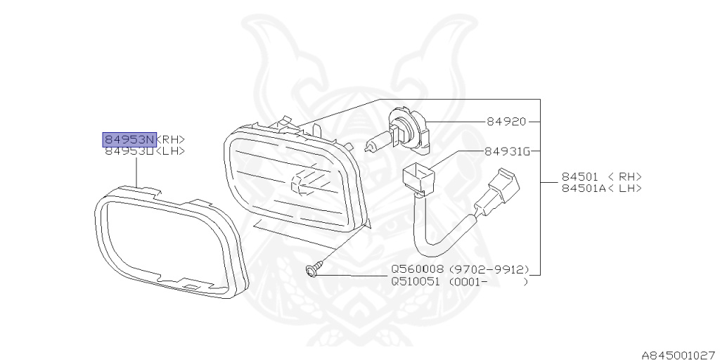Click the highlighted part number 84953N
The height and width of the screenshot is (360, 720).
pos(129,138)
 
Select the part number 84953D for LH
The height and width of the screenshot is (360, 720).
pos(129,150)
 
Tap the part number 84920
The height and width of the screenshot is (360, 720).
pos(506,121)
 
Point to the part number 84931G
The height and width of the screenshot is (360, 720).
pos(506,151)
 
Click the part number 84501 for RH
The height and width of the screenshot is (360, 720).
pos(580,177)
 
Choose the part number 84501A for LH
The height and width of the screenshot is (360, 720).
pos(583,188)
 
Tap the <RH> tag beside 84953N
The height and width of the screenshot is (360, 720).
pos(174,138)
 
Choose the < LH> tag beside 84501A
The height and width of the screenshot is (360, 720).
pos(626,188)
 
